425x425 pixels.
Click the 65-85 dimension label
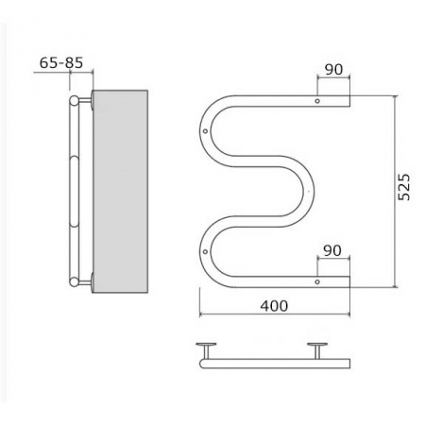point(61,62)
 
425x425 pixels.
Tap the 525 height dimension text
point(404,187)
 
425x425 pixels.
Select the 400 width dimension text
point(274,306)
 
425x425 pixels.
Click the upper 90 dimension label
point(333,69)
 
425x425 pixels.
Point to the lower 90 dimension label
point(332,250)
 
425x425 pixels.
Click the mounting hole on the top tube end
point(317,101)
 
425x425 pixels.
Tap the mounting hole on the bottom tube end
point(317,281)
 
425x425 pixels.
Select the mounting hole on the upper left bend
point(205,131)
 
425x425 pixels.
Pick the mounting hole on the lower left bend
point(205,251)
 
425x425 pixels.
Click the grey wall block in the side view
point(120,192)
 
